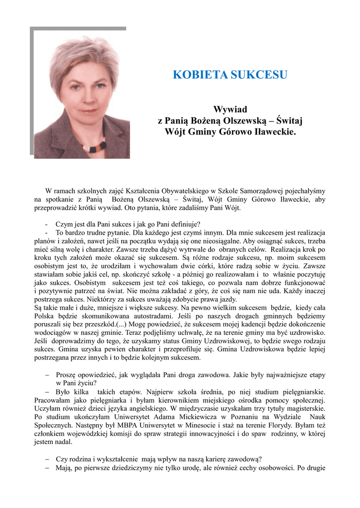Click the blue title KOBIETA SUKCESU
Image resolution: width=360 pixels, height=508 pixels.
click(x=230, y=75)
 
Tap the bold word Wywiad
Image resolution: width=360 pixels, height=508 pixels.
click(x=230, y=109)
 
